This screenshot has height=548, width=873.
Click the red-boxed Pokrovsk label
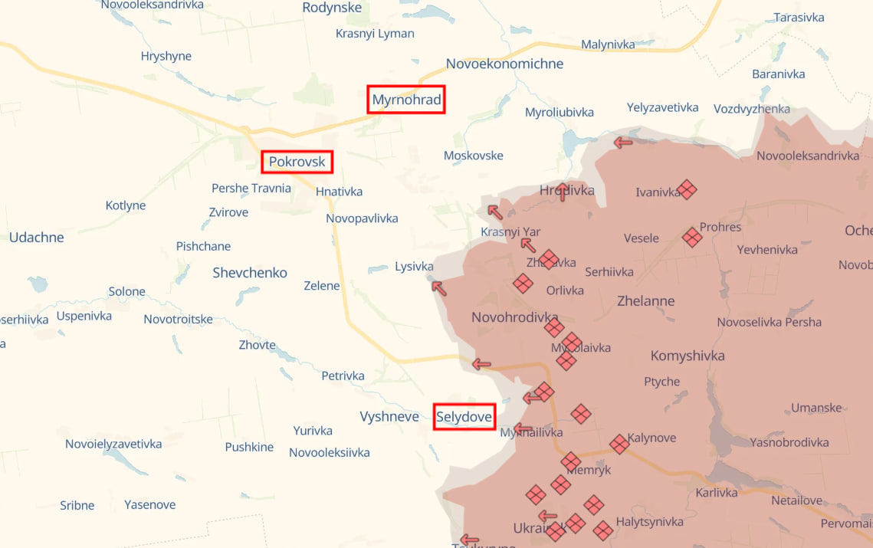tap(297, 162)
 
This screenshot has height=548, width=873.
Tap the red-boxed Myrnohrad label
tap(406, 100)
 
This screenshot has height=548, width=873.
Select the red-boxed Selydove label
tap(464, 417)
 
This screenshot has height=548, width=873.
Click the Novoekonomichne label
tap(504, 64)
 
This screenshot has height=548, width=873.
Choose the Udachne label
tap(37, 238)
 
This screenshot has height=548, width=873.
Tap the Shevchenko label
tap(250, 273)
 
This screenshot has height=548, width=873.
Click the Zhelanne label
tap(646, 301)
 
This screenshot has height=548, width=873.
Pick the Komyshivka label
tap(688, 356)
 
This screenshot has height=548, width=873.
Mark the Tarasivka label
tap(799, 17)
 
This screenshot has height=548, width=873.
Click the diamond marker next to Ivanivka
tap(688, 189)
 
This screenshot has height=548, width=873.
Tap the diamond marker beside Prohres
tap(692, 237)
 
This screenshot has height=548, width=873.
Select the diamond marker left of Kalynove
tap(619, 444)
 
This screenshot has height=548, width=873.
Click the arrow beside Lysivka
tap(438, 287)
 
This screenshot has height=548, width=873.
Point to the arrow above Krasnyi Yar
tap(495, 212)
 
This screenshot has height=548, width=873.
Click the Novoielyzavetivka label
tap(113, 444)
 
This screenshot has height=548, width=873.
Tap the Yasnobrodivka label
tap(789, 442)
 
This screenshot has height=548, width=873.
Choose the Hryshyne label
tap(166, 56)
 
